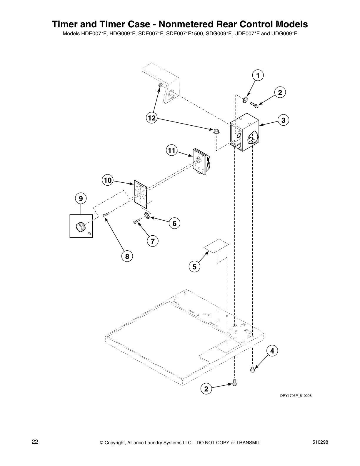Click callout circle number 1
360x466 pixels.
[258, 76]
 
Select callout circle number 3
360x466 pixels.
[283, 120]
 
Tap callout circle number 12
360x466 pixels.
[151, 118]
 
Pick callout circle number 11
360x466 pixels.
[171, 151]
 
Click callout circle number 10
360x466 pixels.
[108, 180]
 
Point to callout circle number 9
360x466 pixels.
[81, 198]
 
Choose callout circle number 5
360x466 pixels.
[194, 267]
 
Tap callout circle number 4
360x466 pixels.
[272, 351]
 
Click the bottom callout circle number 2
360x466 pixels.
[206, 389]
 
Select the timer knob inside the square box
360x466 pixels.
[80, 226]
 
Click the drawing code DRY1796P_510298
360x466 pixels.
[295, 395]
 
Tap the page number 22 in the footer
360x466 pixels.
[35, 442]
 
